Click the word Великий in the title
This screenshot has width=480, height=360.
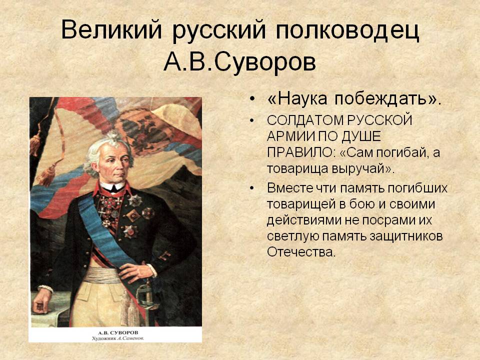[x=111, y=29]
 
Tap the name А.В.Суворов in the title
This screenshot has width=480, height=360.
[x=239, y=62]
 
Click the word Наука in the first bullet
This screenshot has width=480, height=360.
[x=298, y=99]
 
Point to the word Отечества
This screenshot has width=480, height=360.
[x=299, y=252]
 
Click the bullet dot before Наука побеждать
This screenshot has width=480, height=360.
[x=251, y=99]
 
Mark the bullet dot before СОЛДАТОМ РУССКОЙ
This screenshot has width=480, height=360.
[x=251, y=120]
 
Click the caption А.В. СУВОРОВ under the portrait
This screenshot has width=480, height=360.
[x=118, y=332]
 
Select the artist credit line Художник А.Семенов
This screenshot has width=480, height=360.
[x=118, y=338]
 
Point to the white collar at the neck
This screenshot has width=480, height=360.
[x=112, y=186]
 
